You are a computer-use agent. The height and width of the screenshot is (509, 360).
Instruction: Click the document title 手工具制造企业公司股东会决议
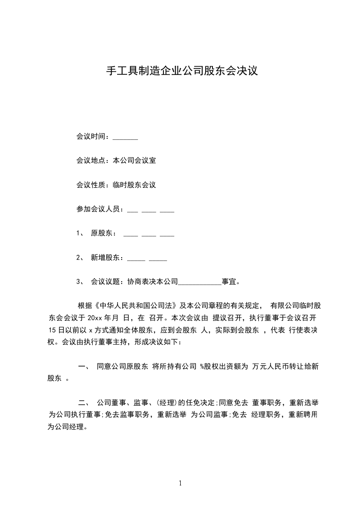tap(182, 71)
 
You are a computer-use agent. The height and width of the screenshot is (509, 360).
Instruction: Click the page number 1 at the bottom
tap(180, 483)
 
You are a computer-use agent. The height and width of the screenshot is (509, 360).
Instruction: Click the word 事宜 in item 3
tap(229, 282)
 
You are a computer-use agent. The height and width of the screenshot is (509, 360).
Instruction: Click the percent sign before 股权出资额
tap(202, 366)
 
